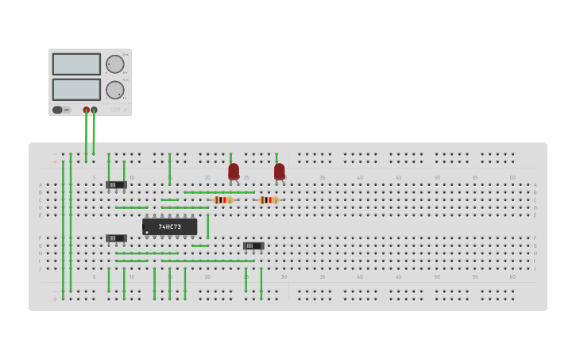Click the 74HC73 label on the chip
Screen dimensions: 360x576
(169, 226)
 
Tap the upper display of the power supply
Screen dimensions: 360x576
(76, 64)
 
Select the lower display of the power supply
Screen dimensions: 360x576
(76, 89)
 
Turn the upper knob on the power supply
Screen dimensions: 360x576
(115, 64)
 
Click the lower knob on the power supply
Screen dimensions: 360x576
(115, 90)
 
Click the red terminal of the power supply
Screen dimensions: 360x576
(87, 110)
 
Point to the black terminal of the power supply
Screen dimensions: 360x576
(94, 110)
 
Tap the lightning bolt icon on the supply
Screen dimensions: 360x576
(125, 110)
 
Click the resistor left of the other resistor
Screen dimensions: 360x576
(223, 200)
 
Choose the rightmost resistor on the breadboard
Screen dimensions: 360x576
(269, 200)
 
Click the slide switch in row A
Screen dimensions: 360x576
(116, 184)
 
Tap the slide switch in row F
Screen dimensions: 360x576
(116, 238)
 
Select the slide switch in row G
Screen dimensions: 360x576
(253, 246)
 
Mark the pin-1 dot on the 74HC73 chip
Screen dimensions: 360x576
(147, 232)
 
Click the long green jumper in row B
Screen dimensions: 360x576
(219, 192)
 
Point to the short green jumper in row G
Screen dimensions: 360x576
(200, 246)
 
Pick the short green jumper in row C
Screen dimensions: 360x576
(169, 200)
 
